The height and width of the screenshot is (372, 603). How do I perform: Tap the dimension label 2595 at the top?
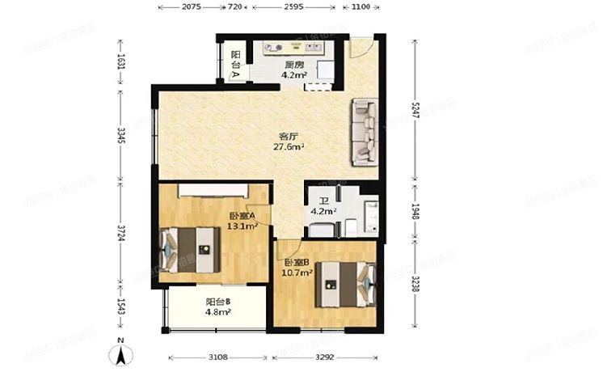[x=293, y=6]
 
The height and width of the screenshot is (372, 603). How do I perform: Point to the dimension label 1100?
[x=361, y=6]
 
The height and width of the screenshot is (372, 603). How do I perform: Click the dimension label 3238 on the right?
[x=415, y=285]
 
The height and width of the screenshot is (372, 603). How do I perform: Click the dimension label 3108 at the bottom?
[x=215, y=357]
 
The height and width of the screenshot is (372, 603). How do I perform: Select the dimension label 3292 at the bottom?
[x=323, y=357]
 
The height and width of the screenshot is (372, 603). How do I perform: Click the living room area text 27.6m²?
[x=286, y=147]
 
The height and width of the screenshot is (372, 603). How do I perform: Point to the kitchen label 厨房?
[x=293, y=66]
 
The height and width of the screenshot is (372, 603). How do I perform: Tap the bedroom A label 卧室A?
[x=242, y=216]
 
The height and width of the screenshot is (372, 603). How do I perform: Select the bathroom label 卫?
[x=323, y=202]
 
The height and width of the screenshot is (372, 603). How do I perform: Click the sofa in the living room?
[x=363, y=132]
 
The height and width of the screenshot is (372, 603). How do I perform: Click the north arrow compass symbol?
[x=120, y=353]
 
